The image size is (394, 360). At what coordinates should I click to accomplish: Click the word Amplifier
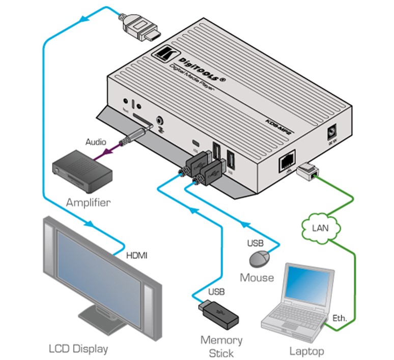click(x=88, y=203)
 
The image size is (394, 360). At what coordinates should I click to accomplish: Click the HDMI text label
click(x=136, y=255)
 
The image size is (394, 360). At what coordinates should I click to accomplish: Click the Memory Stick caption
click(x=221, y=346)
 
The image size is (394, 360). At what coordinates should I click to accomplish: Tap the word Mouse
click(x=257, y=278)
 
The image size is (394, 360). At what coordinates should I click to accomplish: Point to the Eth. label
click(x=340, y=319)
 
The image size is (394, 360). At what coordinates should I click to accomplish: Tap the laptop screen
click(x=304, y=289)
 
